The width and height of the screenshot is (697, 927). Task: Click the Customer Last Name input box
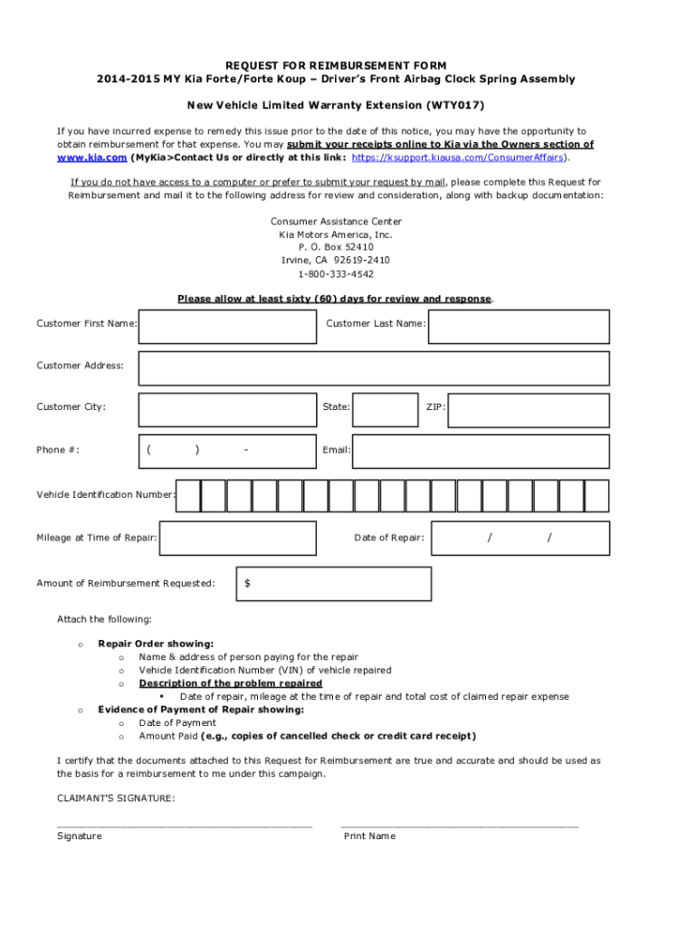pyautogui.click(x=519, y=327)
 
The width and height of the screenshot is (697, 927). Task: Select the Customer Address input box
pyautogui.click(x=374, y=368)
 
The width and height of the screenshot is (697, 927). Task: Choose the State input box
pyautogui.click(x=386, y=410)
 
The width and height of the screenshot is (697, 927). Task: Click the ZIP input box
pyautogui.click(x=529, y=410)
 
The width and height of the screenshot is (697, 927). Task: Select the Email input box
pyautogui.click(x=481, y=450)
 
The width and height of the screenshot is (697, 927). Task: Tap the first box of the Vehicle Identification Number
pyautogui.click(x=187, y=496)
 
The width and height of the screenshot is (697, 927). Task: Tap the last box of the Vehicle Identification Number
pyautogui.click(x=597, y=496)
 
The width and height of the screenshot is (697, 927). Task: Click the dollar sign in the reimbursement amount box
pyautogui.click(x=248, y=584)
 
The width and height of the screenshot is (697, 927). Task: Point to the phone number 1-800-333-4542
pyautogui.click(x=335, y=273)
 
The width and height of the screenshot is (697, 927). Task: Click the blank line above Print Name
pyautogui.click(x=459, y=825)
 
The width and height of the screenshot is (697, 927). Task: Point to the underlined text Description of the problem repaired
pyautogui.click(x=230, y=683)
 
